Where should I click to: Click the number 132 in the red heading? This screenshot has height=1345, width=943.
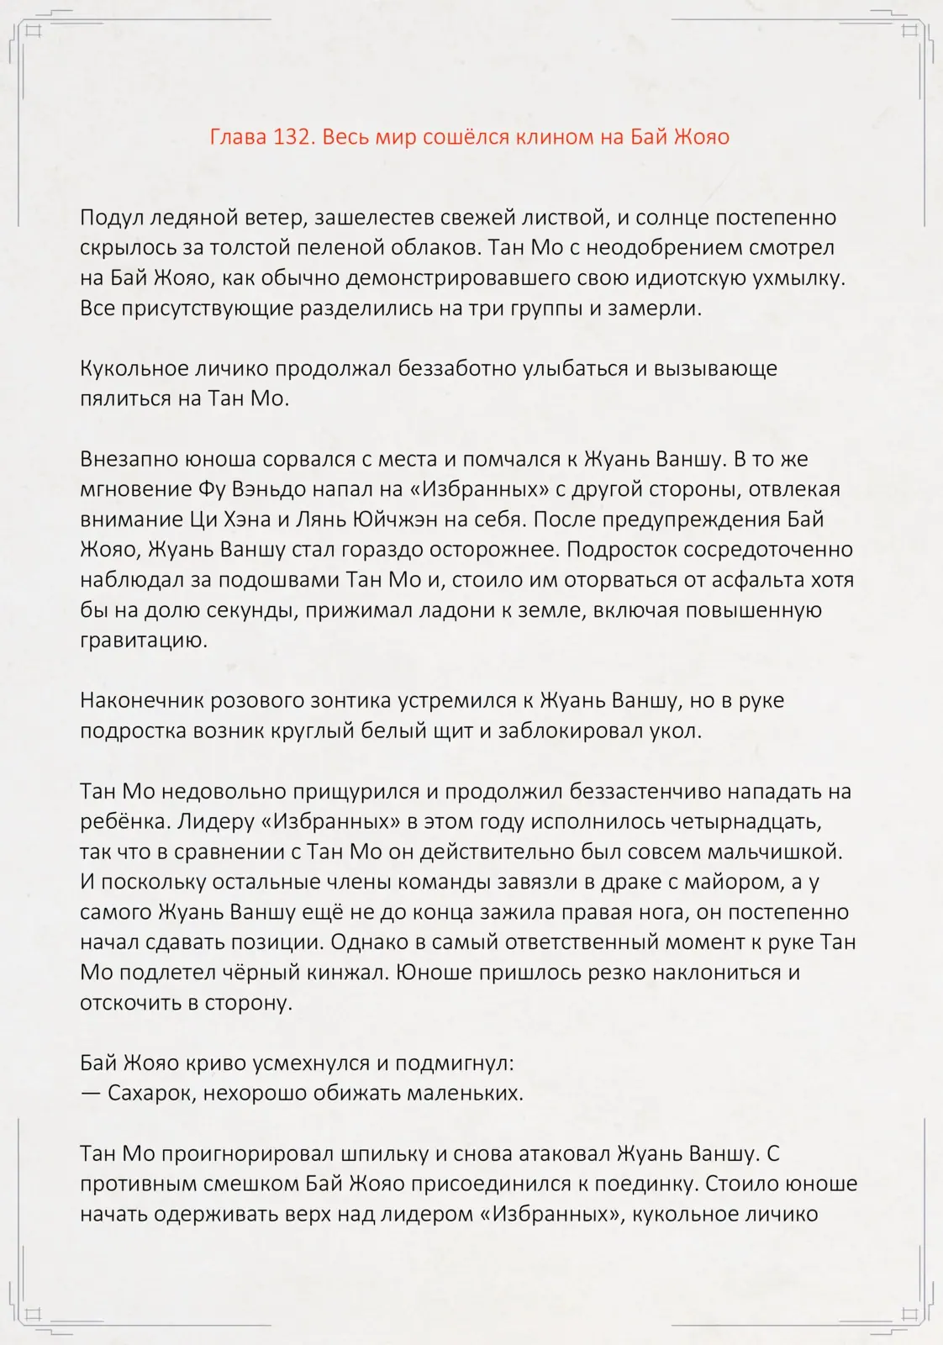pos(294,136)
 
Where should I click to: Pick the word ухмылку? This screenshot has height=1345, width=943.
pos(798,277)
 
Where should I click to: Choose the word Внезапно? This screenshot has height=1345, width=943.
pos(122,459)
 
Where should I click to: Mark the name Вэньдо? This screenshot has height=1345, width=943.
pos(267,489)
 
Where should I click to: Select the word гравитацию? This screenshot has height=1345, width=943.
pos(143,641)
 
